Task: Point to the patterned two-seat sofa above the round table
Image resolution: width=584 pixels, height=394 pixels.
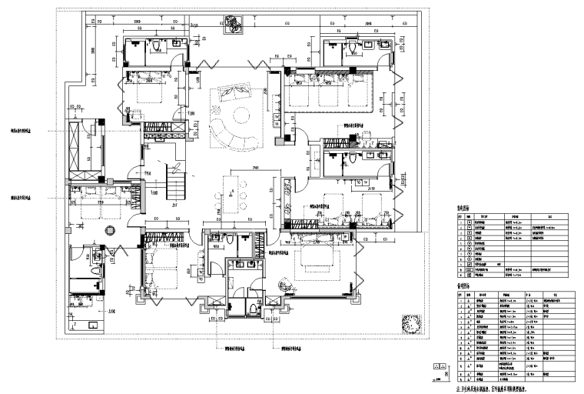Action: coord(231,94)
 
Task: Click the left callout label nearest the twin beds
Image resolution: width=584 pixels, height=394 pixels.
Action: coord(23,197)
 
